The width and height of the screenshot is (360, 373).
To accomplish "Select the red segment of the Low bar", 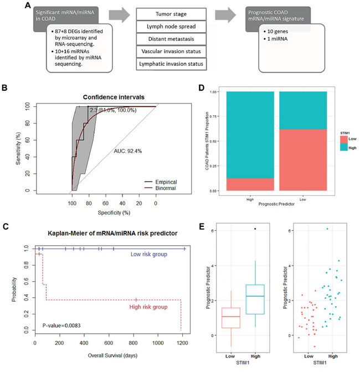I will click(x=304, y=160).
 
